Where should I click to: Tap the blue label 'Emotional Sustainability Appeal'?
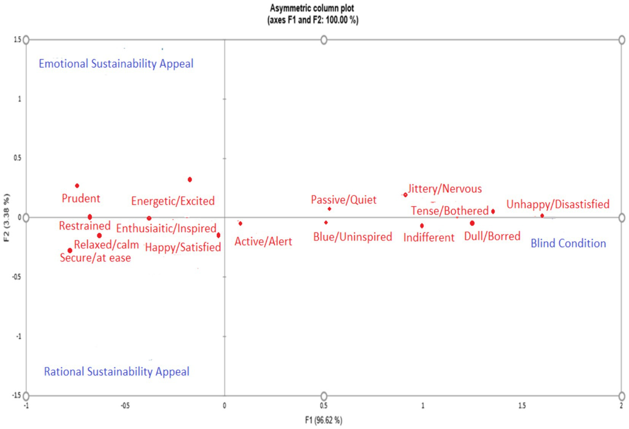pyautogui.click(x=116, y=64)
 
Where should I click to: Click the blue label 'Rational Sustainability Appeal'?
pyautogui.click(x=116, y=372)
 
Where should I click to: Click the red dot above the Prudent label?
pyautogui.click(x=77, y=185)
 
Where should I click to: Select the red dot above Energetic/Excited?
pyautogui.click(x=190, y=179)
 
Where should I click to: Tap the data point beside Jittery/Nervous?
pyautogui.click(x=405, y=194)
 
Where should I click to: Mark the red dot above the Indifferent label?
pyautogui.click(x=422, y=225)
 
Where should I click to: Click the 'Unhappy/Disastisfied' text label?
pyautogui.click(x=558, y=204)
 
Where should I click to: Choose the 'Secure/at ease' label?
pyautogui.click(x=95, y=257)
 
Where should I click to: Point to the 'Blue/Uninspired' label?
pyautogui.click(x=353, y=237)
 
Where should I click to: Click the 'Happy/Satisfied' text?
pyautogui.click(x=183, y=247)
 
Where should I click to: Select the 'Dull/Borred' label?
pyautogui.click(x=492, y=236)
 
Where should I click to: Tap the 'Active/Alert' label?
pyautogui.click(x=263, y=241)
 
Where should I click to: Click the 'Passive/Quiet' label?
pyautogui.click(x=343, y=200)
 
